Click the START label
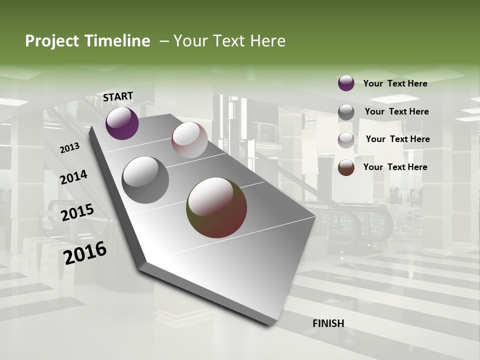pyautogui.click(x=118, y=96)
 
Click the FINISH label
pyautogui.click(x=328, y=323)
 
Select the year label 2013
pyautogui.click(x=69, y=148)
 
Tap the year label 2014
pyautogui.click(x=73, y=177)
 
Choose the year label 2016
pyautogui.click(x=85, y=253)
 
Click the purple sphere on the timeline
pyautogui.click(x=122, y=123)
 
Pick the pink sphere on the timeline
pyautogui.click(x=189, y=140)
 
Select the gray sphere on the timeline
pyautogui.click(x=145, y=180)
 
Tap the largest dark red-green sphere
pyautogui.click(x=216, y=207)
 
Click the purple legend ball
pyautogui.click(x=346, y=83)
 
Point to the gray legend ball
pyautogui.click(x=346, y=112)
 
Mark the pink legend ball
pyautogui.click(x=346, y=140)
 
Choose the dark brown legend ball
pyautogui.click(x=346, y=167)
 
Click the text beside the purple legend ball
pyautogui.click(x=395, y=83)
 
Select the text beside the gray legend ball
pyautogui.click(x=396, y=111)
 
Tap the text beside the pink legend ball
pyautogui.click(x=397, y=139)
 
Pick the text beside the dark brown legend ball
pyautogui.click(x=395, y=167)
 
